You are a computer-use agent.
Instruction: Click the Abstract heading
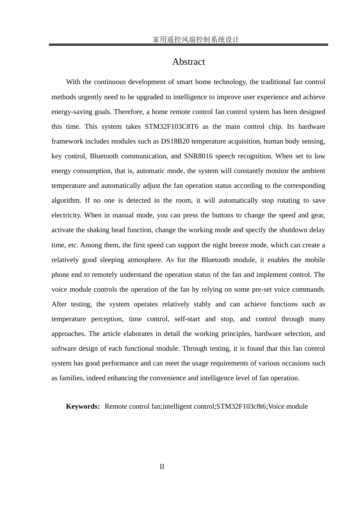tap(188, 62)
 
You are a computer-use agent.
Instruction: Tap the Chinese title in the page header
tap(196, 39)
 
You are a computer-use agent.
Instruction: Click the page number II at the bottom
tap(162, 467)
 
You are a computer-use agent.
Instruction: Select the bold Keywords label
tap(82, 406)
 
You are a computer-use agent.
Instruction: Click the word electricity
tap(66, 215)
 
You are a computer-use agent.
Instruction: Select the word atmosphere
tap(145, 260)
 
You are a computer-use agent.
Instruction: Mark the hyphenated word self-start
tap(187, 319)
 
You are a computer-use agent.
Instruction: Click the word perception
tap(107, 319)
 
